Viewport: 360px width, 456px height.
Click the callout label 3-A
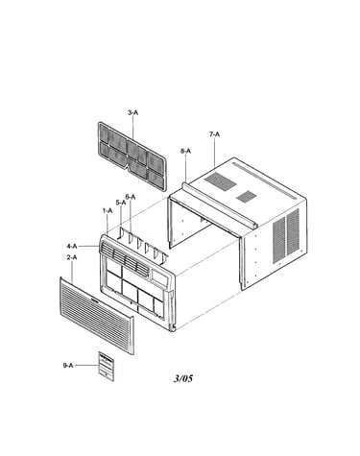(x=132, y=112)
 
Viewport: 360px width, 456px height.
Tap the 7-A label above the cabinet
(x=215, y=134)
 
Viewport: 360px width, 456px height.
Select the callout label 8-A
(x=185, y=151)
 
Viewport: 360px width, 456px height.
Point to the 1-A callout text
(x=108, y=210)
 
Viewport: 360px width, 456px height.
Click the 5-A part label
(x=121, y=203)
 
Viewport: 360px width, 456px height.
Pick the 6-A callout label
(x=131, y=197)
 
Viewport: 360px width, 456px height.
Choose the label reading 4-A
(x=72, y=246)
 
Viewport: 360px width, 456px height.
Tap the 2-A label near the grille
(x=72, y=257)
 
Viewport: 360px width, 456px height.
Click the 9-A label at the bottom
(x=68, y=365)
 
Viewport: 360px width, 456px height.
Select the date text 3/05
(x=183, y=378)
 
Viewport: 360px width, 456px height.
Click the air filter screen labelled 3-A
(x=132, y=156)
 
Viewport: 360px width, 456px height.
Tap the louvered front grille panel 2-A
(x=97, y=316)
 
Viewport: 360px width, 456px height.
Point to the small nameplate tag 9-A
(x=107, y=367)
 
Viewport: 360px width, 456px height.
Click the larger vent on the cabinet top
(x=221, y=181)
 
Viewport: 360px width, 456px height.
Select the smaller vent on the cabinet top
(x=246, y=197)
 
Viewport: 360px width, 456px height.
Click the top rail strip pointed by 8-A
(x=219, y=205)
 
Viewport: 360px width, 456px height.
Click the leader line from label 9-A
(x=86, y=365)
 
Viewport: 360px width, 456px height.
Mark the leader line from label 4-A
(x=89, y=246)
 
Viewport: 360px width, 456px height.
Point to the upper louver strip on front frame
(x=125, y=258)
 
